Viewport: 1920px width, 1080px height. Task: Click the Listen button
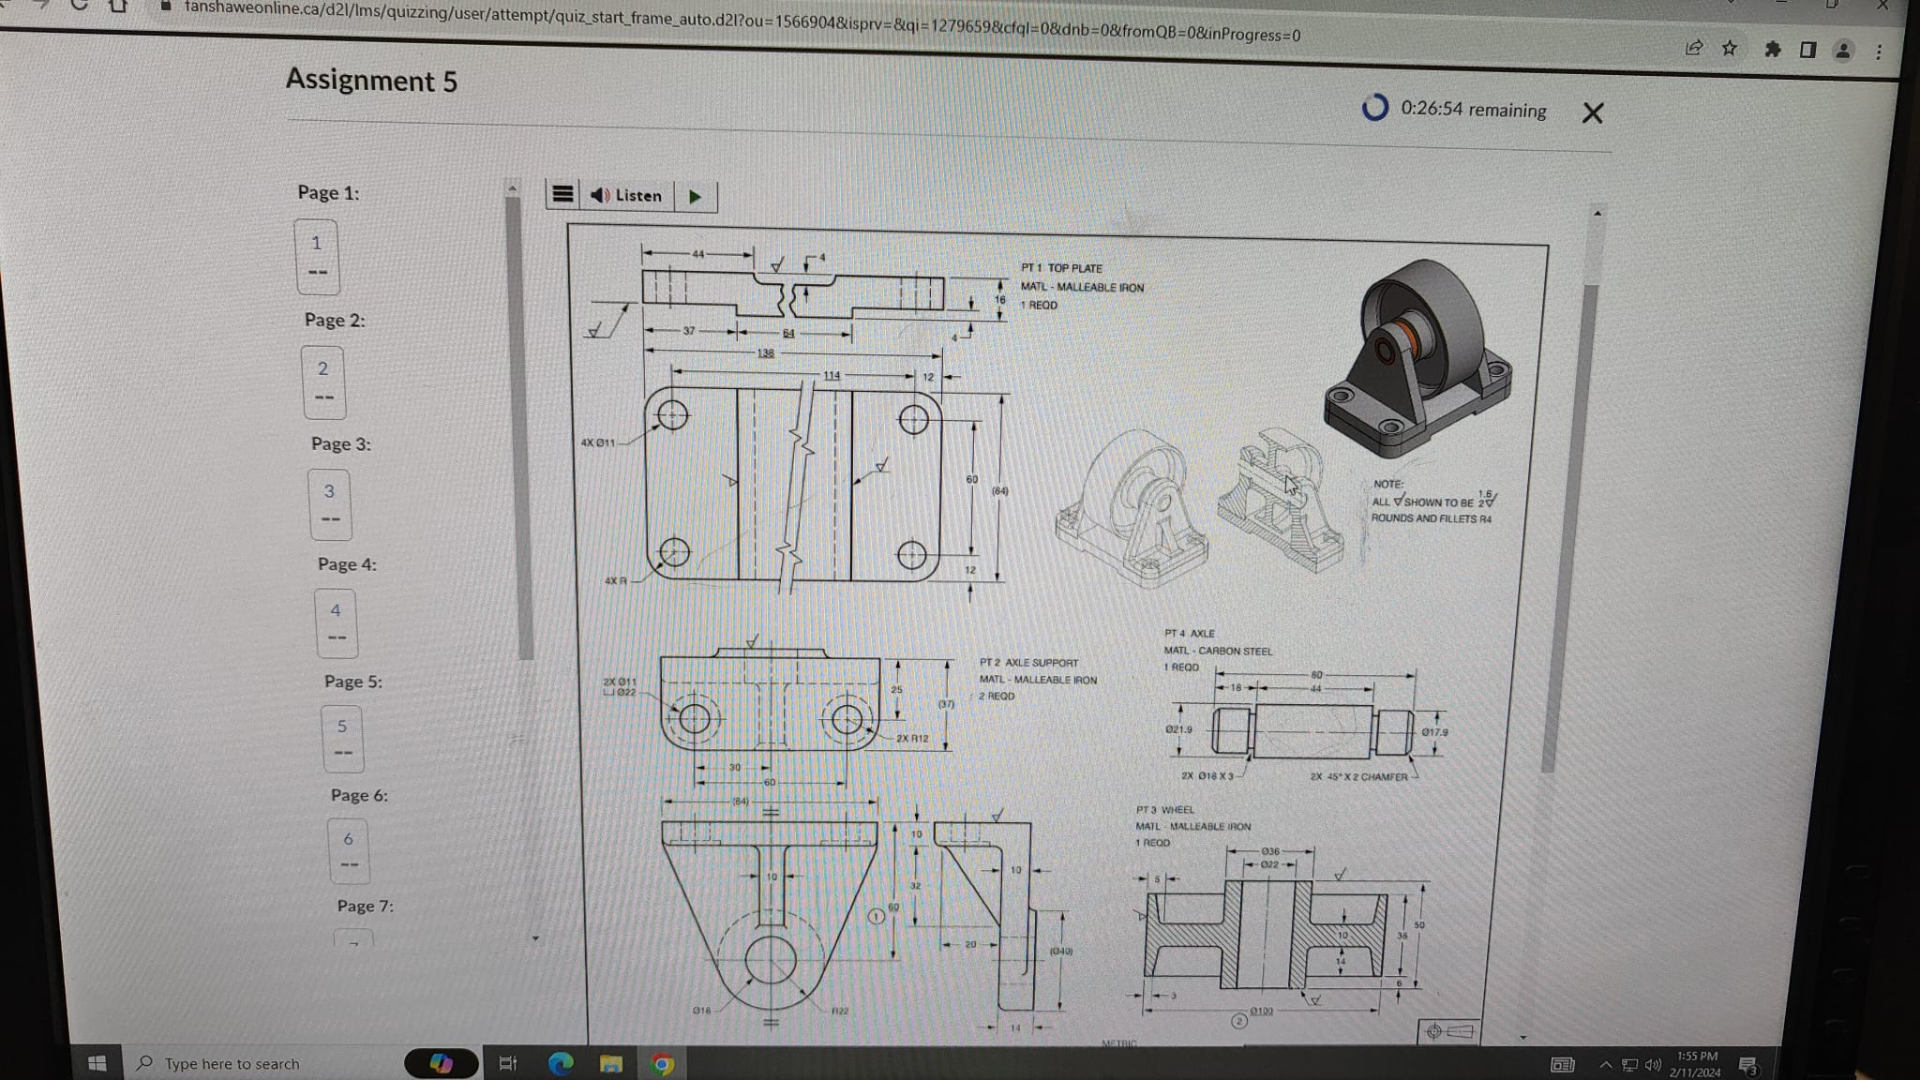(x=626, y=195)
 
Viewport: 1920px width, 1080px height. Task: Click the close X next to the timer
(x=1592, y=113)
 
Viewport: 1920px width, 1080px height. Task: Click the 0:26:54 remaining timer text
(x=1473, y=110)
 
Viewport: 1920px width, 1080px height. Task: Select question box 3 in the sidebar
(x=330, y=503)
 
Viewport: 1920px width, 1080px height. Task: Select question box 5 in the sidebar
(x=342, y=738)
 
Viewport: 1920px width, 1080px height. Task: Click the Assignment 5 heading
(x=371, y=81)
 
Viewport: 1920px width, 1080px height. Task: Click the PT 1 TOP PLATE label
(x=1061, y=268)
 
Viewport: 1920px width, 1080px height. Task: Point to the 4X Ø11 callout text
(x=598, y=442)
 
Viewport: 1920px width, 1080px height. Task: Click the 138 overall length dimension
(x=766, y=353)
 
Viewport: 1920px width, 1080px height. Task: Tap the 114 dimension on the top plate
(x=832, y=375)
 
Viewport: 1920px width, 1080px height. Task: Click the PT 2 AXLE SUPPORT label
(x=1028, y=663)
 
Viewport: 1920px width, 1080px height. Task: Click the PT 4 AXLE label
(x=1189, y=634)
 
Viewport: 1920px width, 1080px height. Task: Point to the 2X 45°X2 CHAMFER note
(x=1358, y=776)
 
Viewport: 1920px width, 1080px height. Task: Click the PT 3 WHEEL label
(x=1164, y=810)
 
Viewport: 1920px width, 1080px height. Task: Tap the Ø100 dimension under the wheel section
(x=1261, y=1011)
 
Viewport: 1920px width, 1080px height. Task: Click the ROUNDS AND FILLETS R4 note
(x=1431, y=518)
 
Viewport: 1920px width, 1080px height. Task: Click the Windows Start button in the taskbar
(x=97, y=1063)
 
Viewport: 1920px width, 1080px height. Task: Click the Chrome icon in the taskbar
(x=662, y=1064)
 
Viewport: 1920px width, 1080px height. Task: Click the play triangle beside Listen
(x=695, y=196)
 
